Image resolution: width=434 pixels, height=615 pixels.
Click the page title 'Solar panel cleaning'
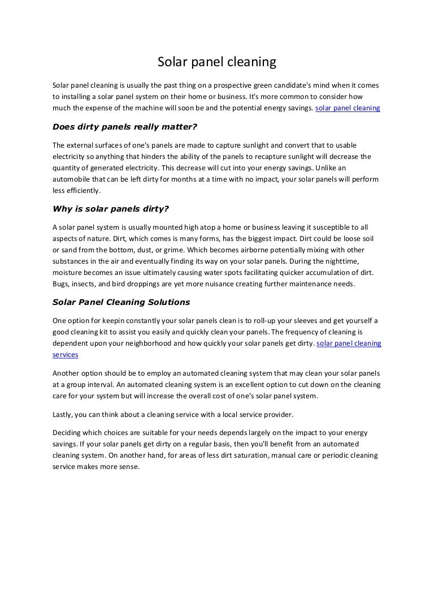click(216, 62)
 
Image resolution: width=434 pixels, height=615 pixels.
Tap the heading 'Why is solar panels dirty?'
click(110, 208)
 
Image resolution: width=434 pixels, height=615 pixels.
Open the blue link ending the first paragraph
click(348, 106)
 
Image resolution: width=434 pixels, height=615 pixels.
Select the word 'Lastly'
click(63, 414)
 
